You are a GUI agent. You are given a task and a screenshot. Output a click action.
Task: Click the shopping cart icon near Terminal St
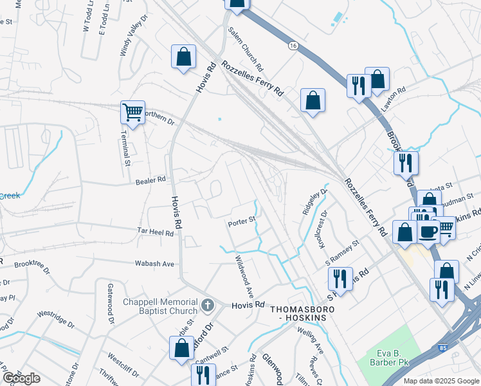pyautogui.click(x=133, y=113)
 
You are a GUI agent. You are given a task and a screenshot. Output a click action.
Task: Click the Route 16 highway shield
pyautogui.click(x=294, y=46)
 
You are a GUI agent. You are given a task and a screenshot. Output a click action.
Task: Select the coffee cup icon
pyautogui.click(x=429, y=230)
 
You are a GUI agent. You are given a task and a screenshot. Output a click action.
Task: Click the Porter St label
pyautogui.click(x=242, y=224)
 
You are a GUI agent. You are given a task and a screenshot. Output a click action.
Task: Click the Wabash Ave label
pyautogui.click(x=154, y=264)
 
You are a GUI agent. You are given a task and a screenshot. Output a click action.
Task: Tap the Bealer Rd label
pyautogui.click(x=151, y=181)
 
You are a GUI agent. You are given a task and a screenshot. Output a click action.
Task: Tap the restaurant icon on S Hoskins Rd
pyautogui.click(x=340, y=279)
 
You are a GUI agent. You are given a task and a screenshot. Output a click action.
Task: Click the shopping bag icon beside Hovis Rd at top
pyautogui.click(x=183, y=56)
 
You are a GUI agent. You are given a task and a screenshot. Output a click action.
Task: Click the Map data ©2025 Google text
pyautogui.click(x=440, y=381)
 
